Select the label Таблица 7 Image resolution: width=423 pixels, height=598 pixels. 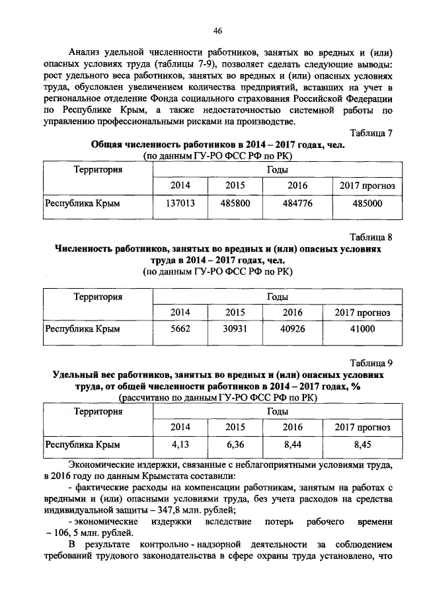coord(371,133)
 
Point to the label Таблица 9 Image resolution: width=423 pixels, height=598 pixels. coord(371,361)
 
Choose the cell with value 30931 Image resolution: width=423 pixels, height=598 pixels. coord(235,328)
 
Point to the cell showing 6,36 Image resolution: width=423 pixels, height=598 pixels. coord(235,445)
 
